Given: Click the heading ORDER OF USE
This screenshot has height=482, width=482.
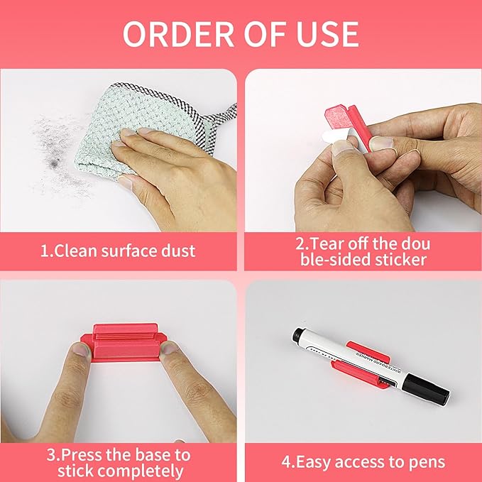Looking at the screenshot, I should [x=241, y=33].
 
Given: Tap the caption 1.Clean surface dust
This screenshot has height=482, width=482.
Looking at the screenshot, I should [x=118, y=250].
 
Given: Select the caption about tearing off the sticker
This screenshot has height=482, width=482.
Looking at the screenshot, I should [x=362, y=251].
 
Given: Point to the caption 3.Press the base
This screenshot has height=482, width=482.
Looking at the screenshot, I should [x=118, y=462].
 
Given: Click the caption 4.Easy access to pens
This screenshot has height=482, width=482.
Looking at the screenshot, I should [x=362, y=462].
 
